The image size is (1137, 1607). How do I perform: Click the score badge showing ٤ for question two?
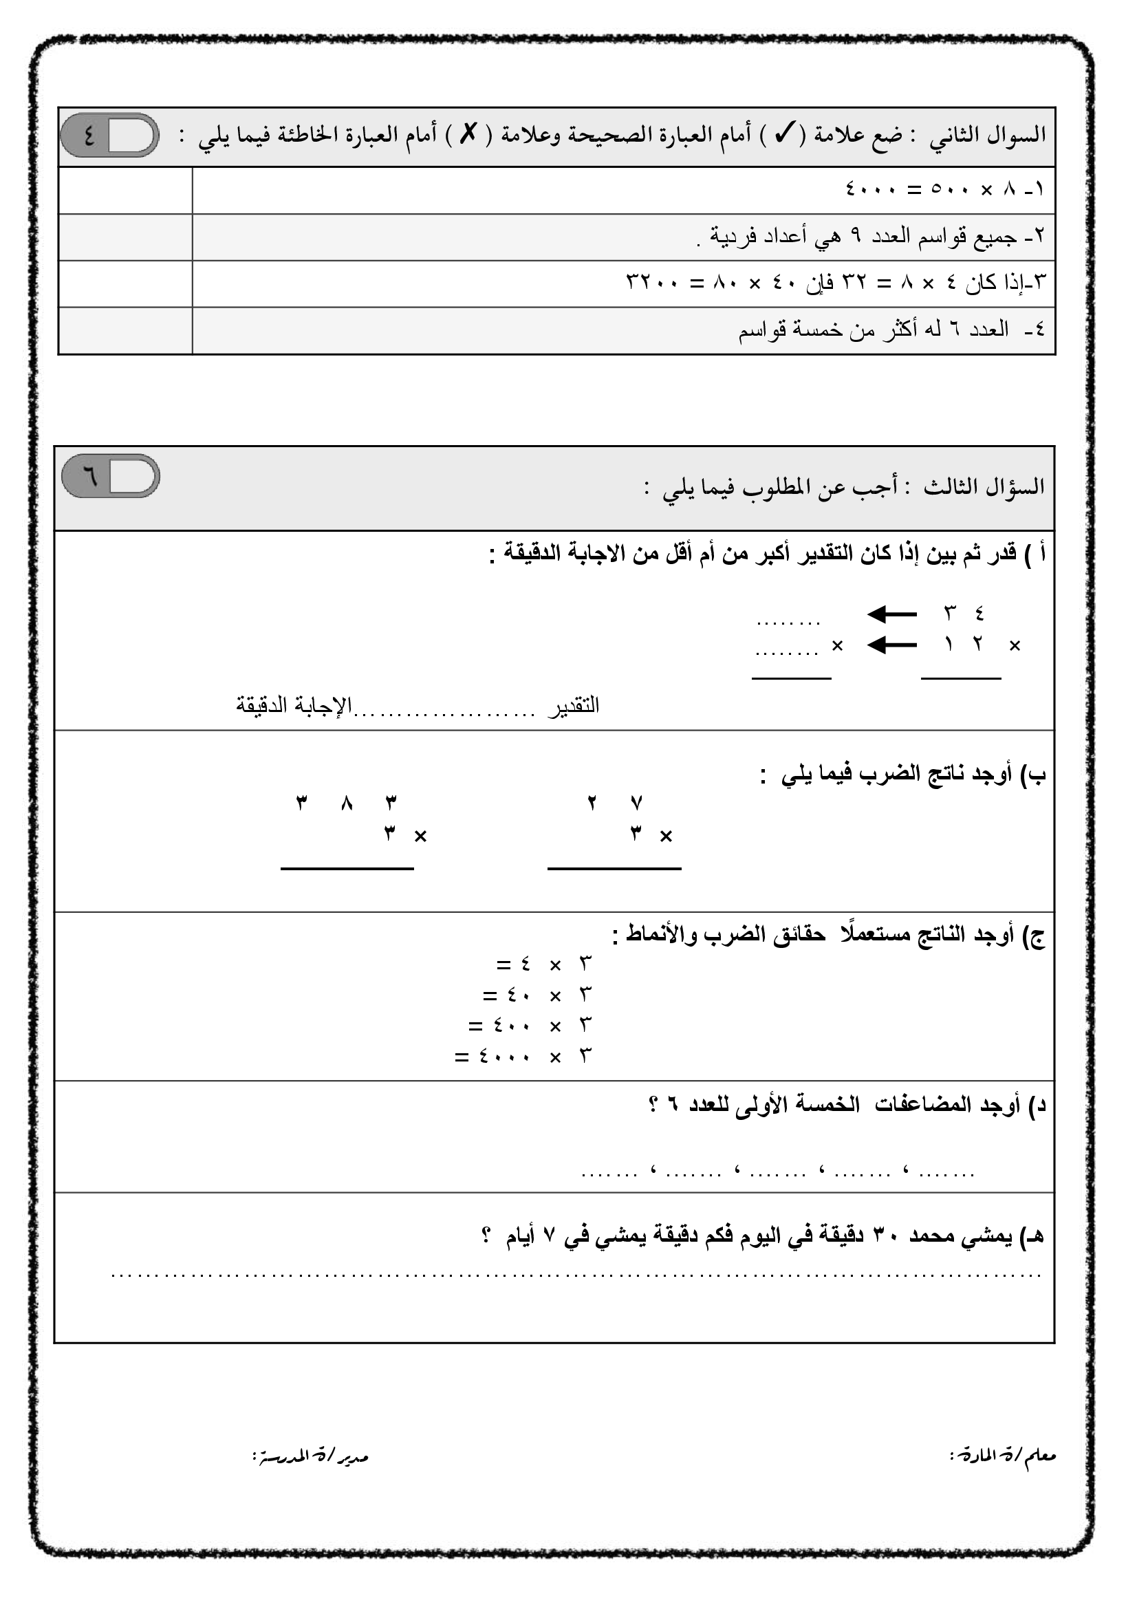click(x=110, y=135)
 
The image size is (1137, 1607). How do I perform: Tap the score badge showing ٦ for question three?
click(x=111, y=476)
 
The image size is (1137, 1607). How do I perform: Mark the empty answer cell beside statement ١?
click(x=124, y=190)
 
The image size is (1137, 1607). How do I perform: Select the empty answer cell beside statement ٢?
click(x=124, y=237)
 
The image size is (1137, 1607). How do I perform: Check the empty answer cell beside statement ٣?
click(x=124, y=283)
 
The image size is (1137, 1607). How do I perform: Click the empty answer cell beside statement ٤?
click(x=124, y=330)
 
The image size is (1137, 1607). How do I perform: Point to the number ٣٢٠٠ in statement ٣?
click(x=162, y=283)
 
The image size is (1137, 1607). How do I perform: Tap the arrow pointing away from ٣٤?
click(x=892, y=615)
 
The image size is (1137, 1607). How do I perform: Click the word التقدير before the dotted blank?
click(x=574, y=706)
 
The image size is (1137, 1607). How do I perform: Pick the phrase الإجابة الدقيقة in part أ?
click(x=294, y=705)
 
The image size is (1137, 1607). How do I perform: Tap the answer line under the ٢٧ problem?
click(x=614, y=869)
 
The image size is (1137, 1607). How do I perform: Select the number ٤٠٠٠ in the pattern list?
click(x=504, y=1056)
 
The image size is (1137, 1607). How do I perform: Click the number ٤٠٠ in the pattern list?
click(x=511, y=1026)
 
